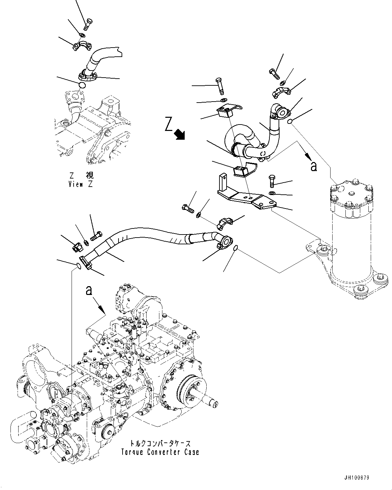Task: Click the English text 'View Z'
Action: [x=80, y=184]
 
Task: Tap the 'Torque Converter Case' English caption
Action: [x=160, y=452]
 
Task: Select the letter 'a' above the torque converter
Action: [x=89, y=290]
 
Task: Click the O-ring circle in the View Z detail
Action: [x=82, y=85]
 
